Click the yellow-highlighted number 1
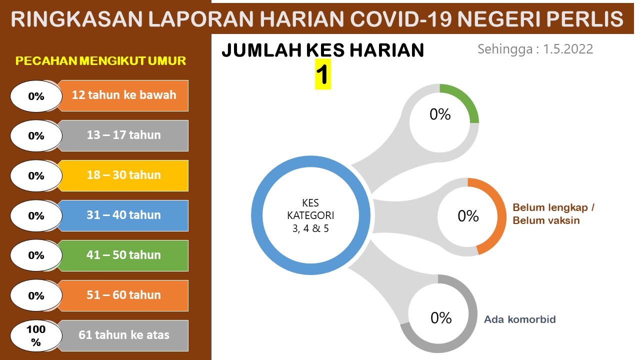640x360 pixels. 322,74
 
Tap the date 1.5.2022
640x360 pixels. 567,49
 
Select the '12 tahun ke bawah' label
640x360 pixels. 123,95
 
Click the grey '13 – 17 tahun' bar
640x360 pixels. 123,135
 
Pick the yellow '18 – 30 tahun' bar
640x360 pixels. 123,175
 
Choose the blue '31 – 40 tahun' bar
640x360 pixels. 123,215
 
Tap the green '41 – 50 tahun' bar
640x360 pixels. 123,255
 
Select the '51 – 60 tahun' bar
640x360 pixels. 123,295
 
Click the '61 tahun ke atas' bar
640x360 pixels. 123,335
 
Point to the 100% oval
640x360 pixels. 36,335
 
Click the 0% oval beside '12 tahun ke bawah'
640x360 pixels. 36,96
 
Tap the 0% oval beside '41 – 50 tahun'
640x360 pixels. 36,255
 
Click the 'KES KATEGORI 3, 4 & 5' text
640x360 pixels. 310,215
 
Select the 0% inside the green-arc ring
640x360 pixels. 440,114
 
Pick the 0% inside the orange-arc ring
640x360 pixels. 468,216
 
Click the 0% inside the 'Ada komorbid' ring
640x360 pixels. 441,317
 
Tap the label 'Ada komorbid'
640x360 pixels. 520,319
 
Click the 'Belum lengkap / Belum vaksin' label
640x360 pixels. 553,214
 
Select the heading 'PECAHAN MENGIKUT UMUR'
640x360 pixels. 100,61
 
